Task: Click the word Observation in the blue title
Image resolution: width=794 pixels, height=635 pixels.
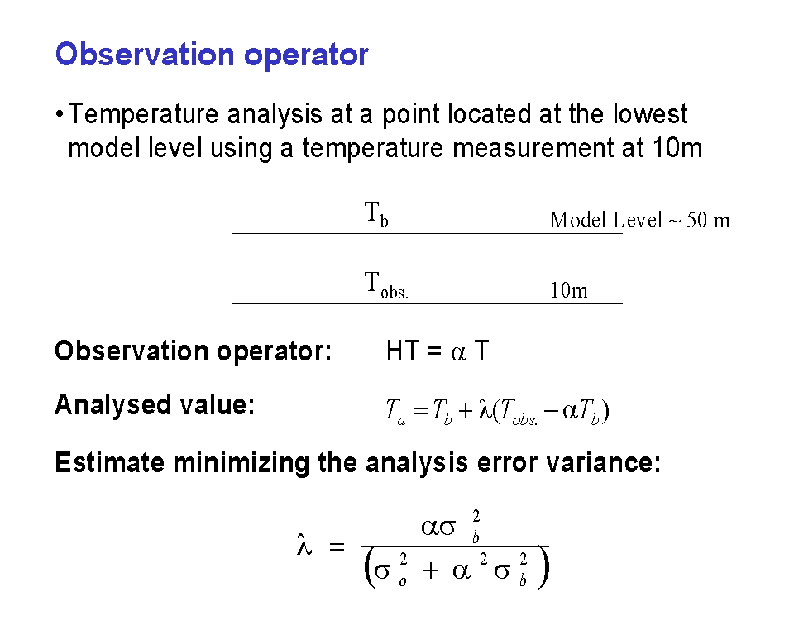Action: click(145, 55)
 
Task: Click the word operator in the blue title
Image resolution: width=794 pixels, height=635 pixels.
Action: click(306, 56)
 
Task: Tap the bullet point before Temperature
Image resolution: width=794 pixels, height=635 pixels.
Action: click(60, 114)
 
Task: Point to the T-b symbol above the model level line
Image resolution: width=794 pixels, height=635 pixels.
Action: click(376, 213)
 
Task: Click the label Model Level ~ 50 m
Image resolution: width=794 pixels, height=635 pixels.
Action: click(640, 220)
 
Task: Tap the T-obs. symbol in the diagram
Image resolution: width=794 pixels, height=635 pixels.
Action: click(386, 284)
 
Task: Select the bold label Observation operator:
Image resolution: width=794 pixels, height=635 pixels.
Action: click(193, 351)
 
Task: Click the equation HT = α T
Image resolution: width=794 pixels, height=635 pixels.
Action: click(438, 351)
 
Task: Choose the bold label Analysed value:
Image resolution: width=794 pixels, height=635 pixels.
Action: click(155, 404)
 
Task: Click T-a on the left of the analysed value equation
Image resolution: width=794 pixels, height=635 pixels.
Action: click(395, 411)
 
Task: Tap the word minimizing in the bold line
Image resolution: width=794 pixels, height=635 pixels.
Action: click(241, 463)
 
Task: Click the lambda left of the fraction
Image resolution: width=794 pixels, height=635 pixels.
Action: click(304, 546)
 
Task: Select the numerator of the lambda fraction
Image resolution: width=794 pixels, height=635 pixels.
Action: click(451, 527)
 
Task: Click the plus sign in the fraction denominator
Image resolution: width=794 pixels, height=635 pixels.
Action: click(431, 571)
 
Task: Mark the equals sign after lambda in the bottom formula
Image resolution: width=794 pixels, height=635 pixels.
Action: click(337, 547)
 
